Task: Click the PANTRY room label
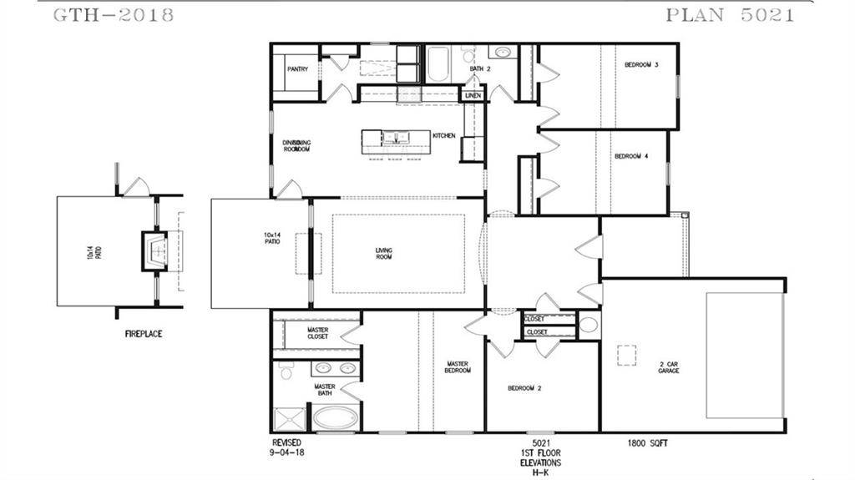tap(298, 69)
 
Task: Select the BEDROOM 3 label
tap(642, 64)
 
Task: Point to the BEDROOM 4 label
tap(631, 156)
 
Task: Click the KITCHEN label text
tap(443, 135)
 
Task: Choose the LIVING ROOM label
tap(384, 254)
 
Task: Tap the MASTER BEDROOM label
tap(458, 367)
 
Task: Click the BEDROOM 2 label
tap(526, 388)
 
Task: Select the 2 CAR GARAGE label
tap(668, 367)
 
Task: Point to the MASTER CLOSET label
tap(317, 334)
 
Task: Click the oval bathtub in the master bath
tap(334, 418)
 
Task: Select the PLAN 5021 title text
tap(730, 15)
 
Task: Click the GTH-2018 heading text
tap(114, 15)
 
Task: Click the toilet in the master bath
tap(286, 371)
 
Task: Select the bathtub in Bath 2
tap(438, 63)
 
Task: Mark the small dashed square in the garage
tap(626, 356)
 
